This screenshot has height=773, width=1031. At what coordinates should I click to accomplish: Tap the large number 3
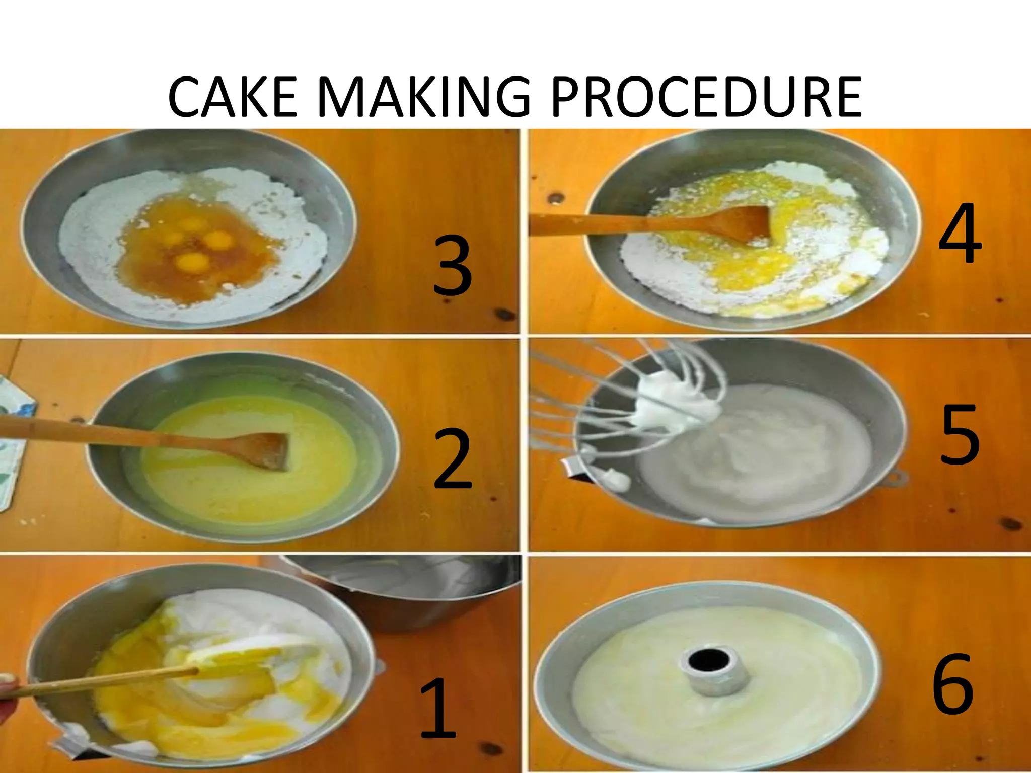coord(453,265)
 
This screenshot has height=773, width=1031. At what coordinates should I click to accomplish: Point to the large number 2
coord(453,459)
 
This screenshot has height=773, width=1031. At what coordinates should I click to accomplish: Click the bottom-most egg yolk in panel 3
coord(193,261)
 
